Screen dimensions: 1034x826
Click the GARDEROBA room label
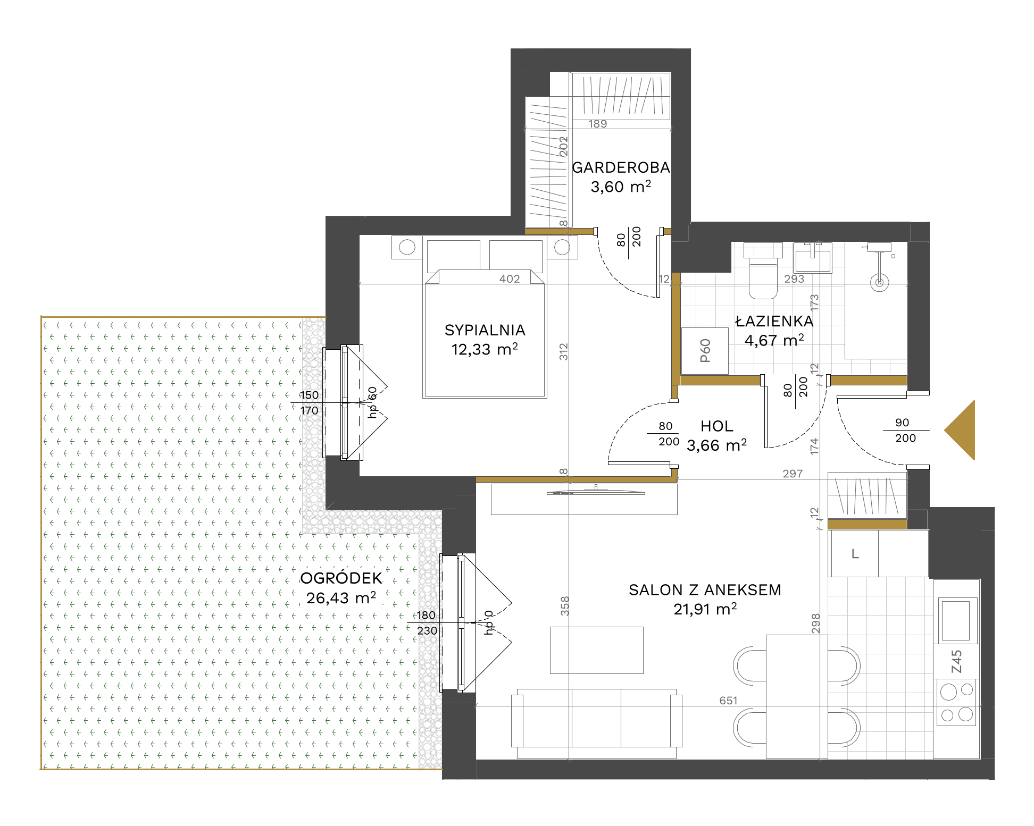click(x=621, y=168)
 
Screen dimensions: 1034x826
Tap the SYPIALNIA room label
click(x=485, y=331)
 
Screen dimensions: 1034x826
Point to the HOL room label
click(x=717, y=426)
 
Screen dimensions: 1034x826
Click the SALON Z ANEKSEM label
click(x=705, y=590)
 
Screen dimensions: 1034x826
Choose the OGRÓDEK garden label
click(x=341, y=578)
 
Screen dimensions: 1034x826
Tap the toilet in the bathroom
click(x=763, y=271)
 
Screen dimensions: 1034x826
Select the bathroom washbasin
click(x=812, y=258)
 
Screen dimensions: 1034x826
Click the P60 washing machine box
click(x=705, y=351)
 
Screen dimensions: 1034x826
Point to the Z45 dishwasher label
click(x=956, y=662)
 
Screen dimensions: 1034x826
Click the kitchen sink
click(x=956, y=620)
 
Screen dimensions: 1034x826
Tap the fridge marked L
click(x=854, y=554)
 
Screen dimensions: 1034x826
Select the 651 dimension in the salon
click(x=728, y=701)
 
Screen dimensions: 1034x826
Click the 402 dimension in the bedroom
click(x=510, y=279)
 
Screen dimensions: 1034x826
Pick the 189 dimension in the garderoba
click(x=597, y=124)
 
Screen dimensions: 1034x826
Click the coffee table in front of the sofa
click(x=596, y=650)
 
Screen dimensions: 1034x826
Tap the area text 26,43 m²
click(x=341, y=598)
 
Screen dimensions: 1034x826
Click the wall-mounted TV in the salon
click(x=596, y=492)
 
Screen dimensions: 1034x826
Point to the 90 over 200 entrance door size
click(x=905, y=430)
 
